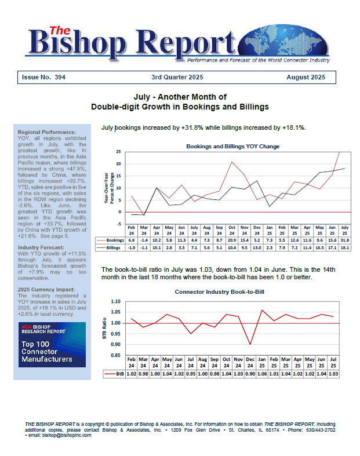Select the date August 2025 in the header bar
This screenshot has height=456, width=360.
(x=306, y=77)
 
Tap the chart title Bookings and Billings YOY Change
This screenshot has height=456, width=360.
(x=232, y=147)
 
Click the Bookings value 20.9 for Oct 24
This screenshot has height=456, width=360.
(x=231, y=239)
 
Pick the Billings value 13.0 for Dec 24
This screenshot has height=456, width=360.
(x=258, y=247)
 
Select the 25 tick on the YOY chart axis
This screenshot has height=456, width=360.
(x=118, y=151)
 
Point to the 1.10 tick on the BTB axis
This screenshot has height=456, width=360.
(x=115, y=301)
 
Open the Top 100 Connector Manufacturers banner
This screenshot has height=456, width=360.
(x=52, y=345)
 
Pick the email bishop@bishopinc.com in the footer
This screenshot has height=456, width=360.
(x=56, y=435)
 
